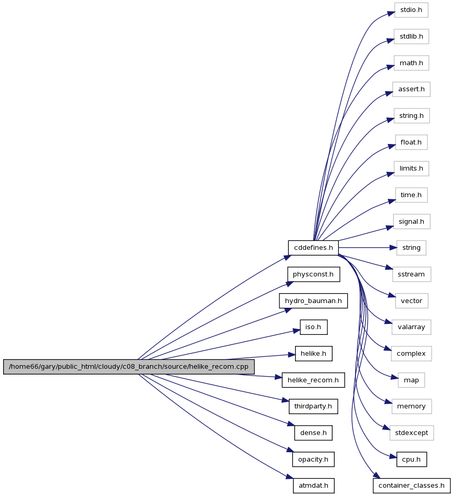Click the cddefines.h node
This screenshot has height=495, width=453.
coord(313,248)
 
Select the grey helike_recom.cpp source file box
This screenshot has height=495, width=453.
coord(129,367)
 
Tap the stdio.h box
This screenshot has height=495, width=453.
coord(411,10)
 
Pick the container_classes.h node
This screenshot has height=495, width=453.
coord(411,486)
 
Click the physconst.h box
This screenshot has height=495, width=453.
coord(313,274)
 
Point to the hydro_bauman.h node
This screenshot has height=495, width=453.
coord(313,301)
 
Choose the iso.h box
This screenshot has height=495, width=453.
coord(314,327)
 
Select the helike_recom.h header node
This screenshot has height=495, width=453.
coord(313,380)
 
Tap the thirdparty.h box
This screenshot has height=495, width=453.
coord(313,406)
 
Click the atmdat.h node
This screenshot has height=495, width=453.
coord(314,486)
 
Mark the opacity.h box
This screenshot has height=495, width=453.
coord(313,460)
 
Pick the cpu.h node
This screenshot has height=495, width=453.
coord(411,460)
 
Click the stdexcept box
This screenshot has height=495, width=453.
coord(411,433)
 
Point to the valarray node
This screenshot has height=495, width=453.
coord(411,327)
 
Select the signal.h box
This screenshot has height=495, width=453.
coord(411,222)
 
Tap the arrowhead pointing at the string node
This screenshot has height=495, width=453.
coord(394,248)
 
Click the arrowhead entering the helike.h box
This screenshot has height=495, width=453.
coord(292,355)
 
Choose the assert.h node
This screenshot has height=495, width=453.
coord(411,89)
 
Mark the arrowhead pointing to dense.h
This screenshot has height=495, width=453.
coord(291,425)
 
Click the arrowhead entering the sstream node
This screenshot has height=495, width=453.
coord(389,268)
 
